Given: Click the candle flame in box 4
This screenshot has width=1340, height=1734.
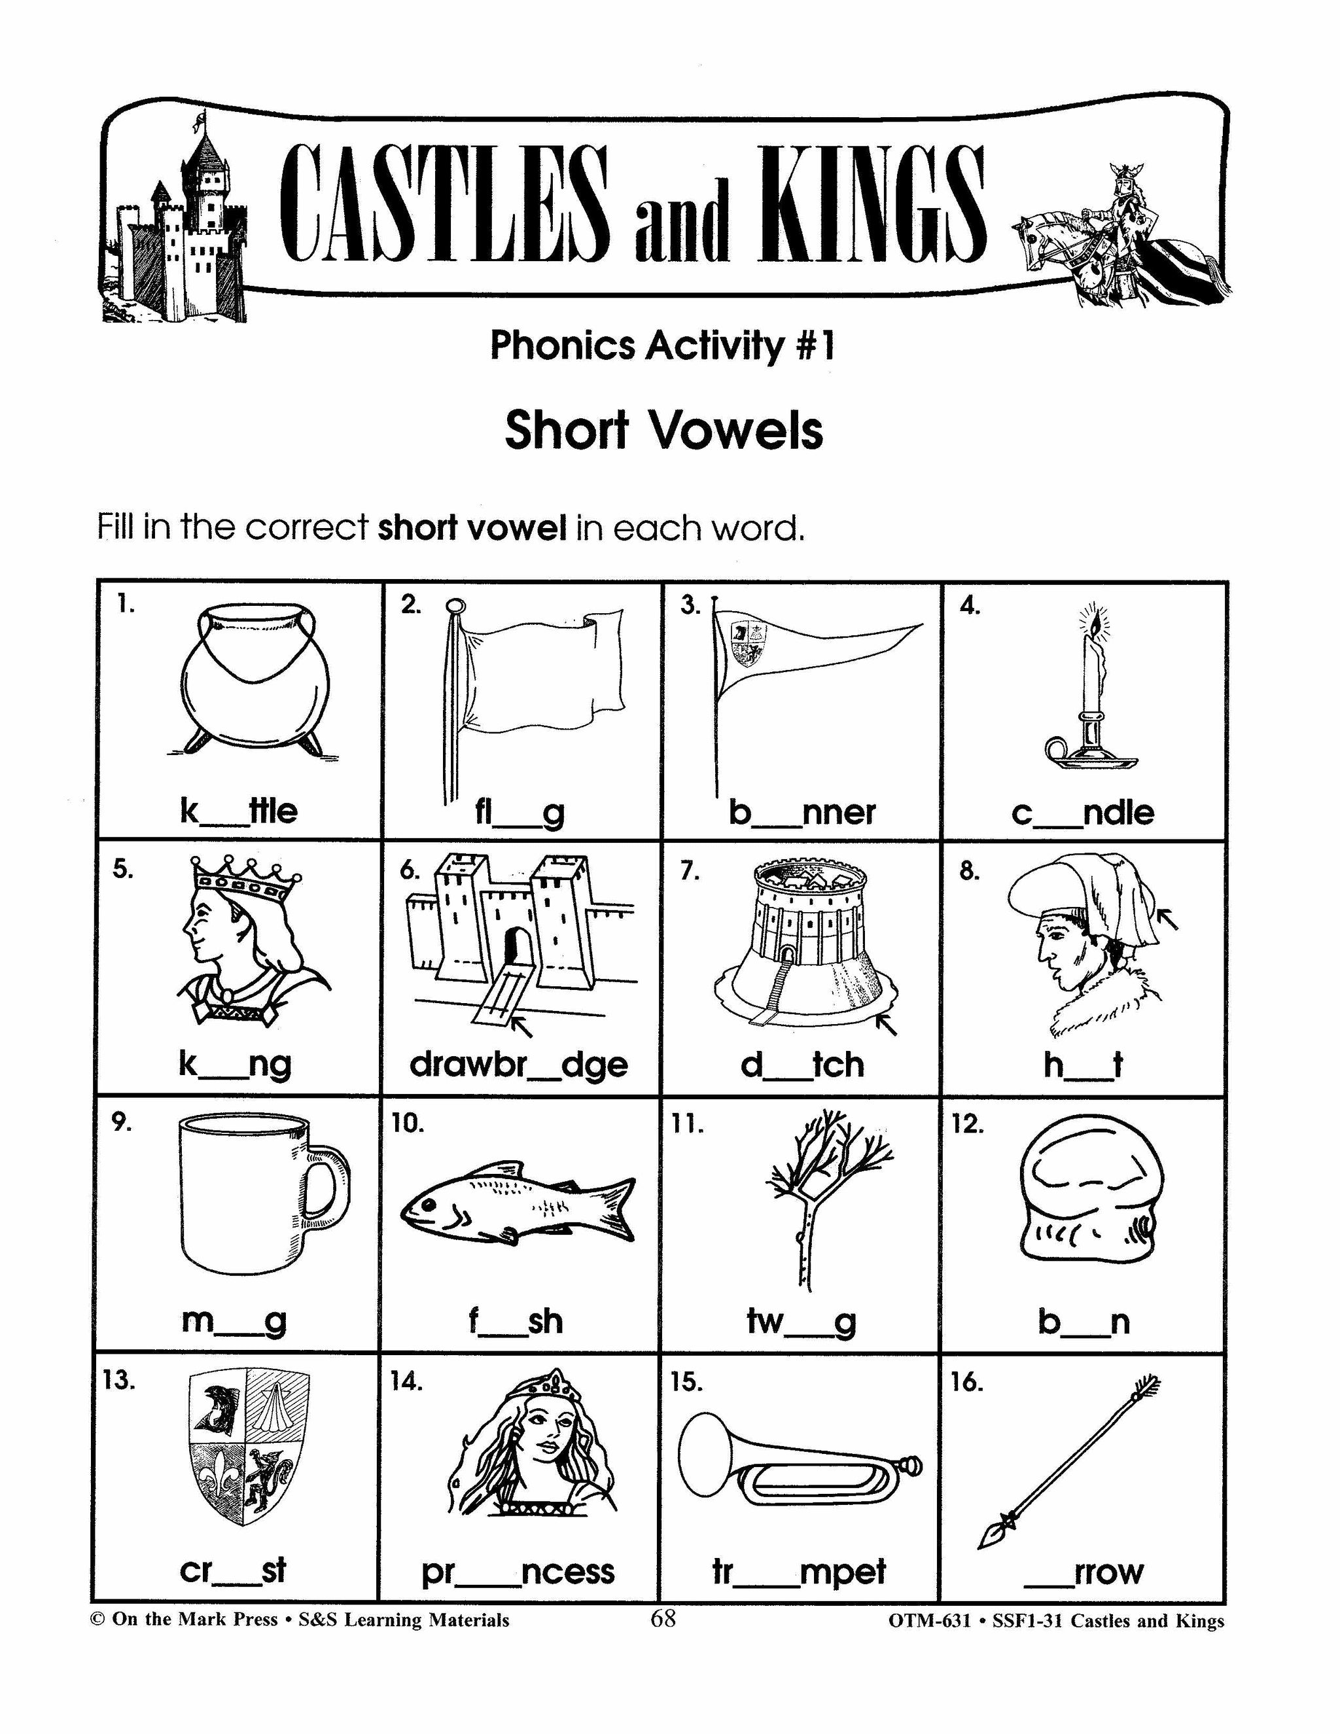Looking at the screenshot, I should pyautogui.click(x=1095, y=626).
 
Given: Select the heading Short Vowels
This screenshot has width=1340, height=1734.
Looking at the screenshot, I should pyautogui.click(x=663, y=431).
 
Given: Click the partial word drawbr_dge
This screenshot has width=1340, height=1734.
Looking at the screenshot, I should pyautogui.click(x=518, y=1065).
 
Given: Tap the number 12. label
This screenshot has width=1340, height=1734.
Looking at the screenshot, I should pyautogui.click(x=968, y=1124).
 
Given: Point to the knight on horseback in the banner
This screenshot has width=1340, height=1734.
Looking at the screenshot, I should pyautogui.click(x=1121, y=236).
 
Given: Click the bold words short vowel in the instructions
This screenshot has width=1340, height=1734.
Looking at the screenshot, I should pyautogui.click(x=472, y=527).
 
